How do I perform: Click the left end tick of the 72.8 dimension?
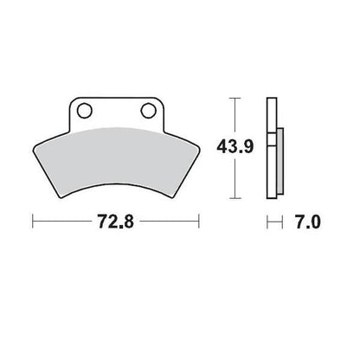(x=34, y=223)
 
